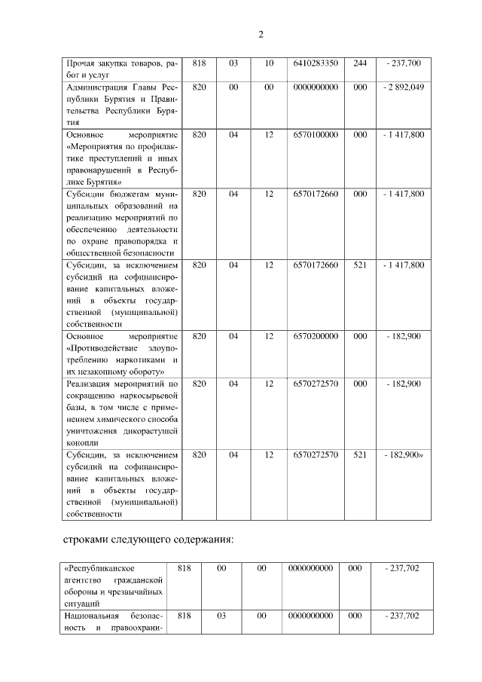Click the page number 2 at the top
(x=261, y=35)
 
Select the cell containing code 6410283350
(x=316, y=63)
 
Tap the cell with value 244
(x=360, y=63)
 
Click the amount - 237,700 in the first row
(x=403, y=63)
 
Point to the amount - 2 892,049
(x=403, y=87)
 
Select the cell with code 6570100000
(x=316, y=134)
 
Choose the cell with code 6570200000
(x=316, y=336)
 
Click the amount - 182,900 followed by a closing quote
(x=404, y=455)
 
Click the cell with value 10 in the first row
(x=269, y=63)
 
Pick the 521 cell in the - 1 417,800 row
(x=360, y=265)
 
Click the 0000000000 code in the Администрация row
(x=316, y=87)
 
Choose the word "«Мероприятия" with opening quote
(x=96, y=146)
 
